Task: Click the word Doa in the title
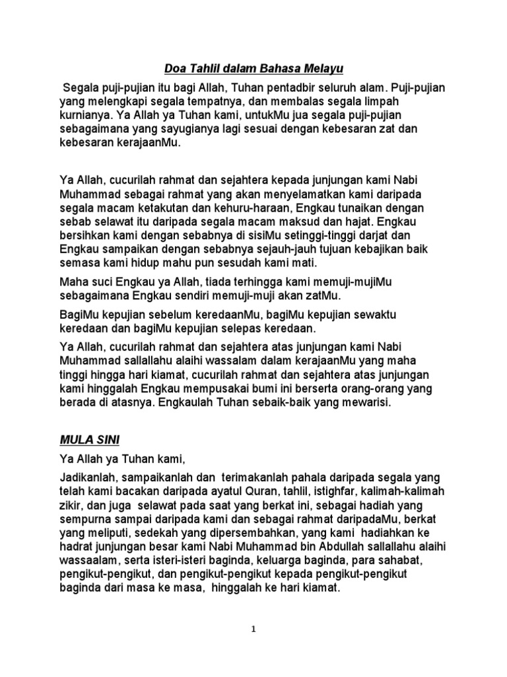(175, 68)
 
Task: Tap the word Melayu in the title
(325, 68)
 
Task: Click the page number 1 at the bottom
(254, 629)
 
